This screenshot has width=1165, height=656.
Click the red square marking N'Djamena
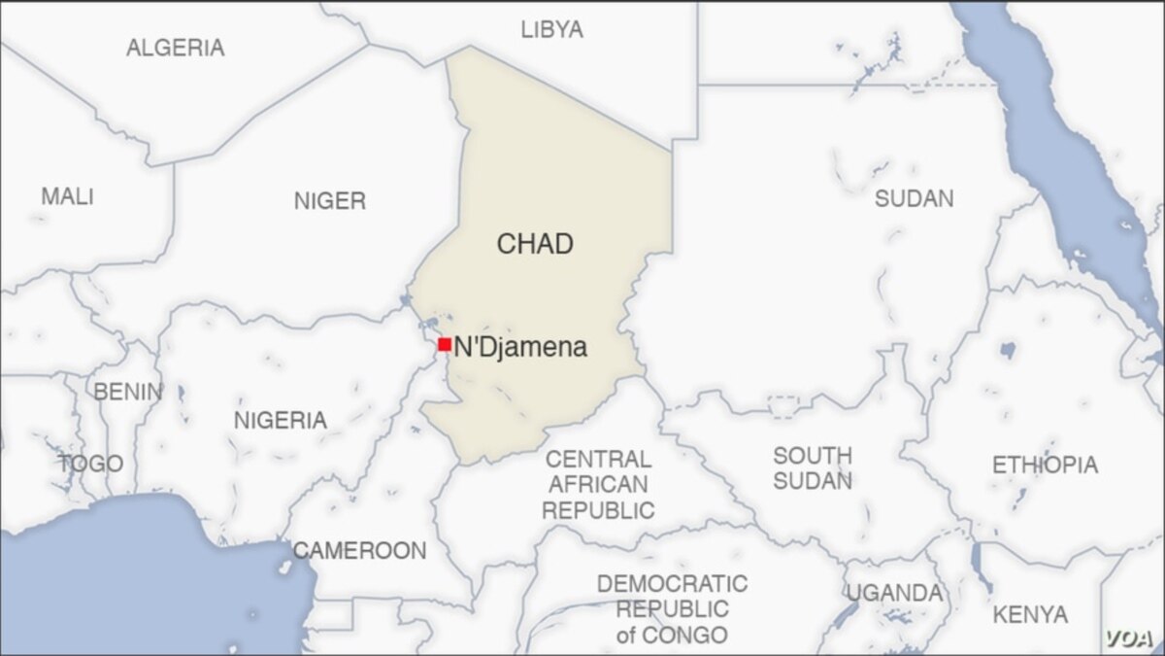444,344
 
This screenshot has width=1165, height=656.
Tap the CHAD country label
535,244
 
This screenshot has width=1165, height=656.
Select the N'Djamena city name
520,347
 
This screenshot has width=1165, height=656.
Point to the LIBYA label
551,29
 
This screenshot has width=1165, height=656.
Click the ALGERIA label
176,47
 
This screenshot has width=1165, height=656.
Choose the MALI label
67,196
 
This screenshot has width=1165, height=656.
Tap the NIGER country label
330,201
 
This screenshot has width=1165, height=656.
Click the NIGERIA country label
280,421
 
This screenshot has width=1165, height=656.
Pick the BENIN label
127,393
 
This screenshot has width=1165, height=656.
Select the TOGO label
90,464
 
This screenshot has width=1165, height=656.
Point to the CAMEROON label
359,551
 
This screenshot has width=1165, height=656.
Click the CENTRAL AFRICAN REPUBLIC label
598,484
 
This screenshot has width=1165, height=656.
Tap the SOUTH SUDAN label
813,467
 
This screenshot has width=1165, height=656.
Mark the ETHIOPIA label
1045,466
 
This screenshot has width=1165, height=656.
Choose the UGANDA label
893,593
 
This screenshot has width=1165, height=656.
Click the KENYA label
1030,614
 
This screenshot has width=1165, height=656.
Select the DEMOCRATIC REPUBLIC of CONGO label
672,609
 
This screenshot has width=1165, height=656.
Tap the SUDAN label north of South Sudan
914,198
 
